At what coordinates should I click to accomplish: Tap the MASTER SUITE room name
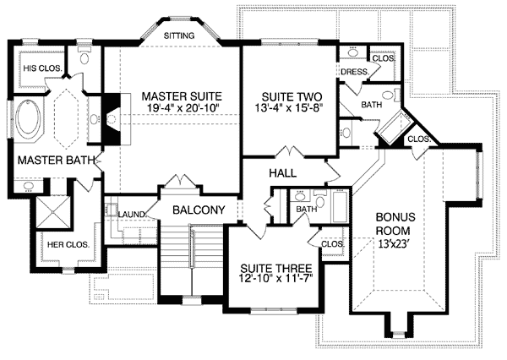click(x=176, y=95)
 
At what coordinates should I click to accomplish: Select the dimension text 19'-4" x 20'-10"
click(x=176, y=109)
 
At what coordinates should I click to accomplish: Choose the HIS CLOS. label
click(x=41, y=68)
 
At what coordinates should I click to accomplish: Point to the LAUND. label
click(x=133, y=215)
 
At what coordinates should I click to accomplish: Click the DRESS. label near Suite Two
click(x=353, y=73)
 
